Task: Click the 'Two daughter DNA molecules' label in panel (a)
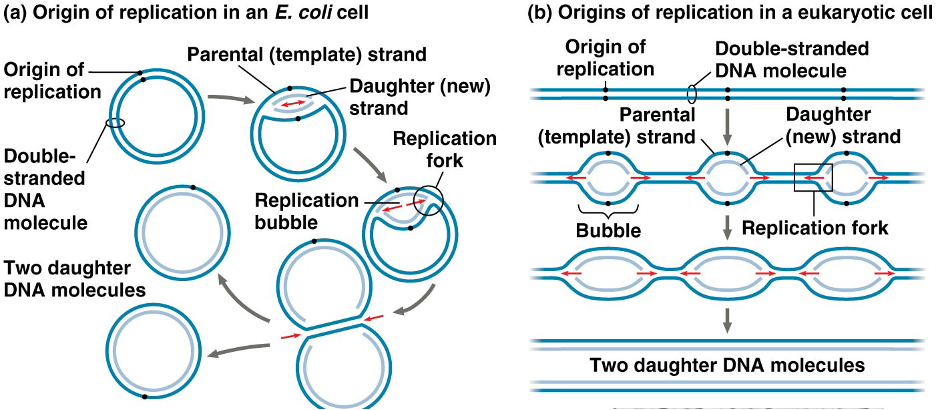click(75, 280)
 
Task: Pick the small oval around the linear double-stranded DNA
click(690, 93)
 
